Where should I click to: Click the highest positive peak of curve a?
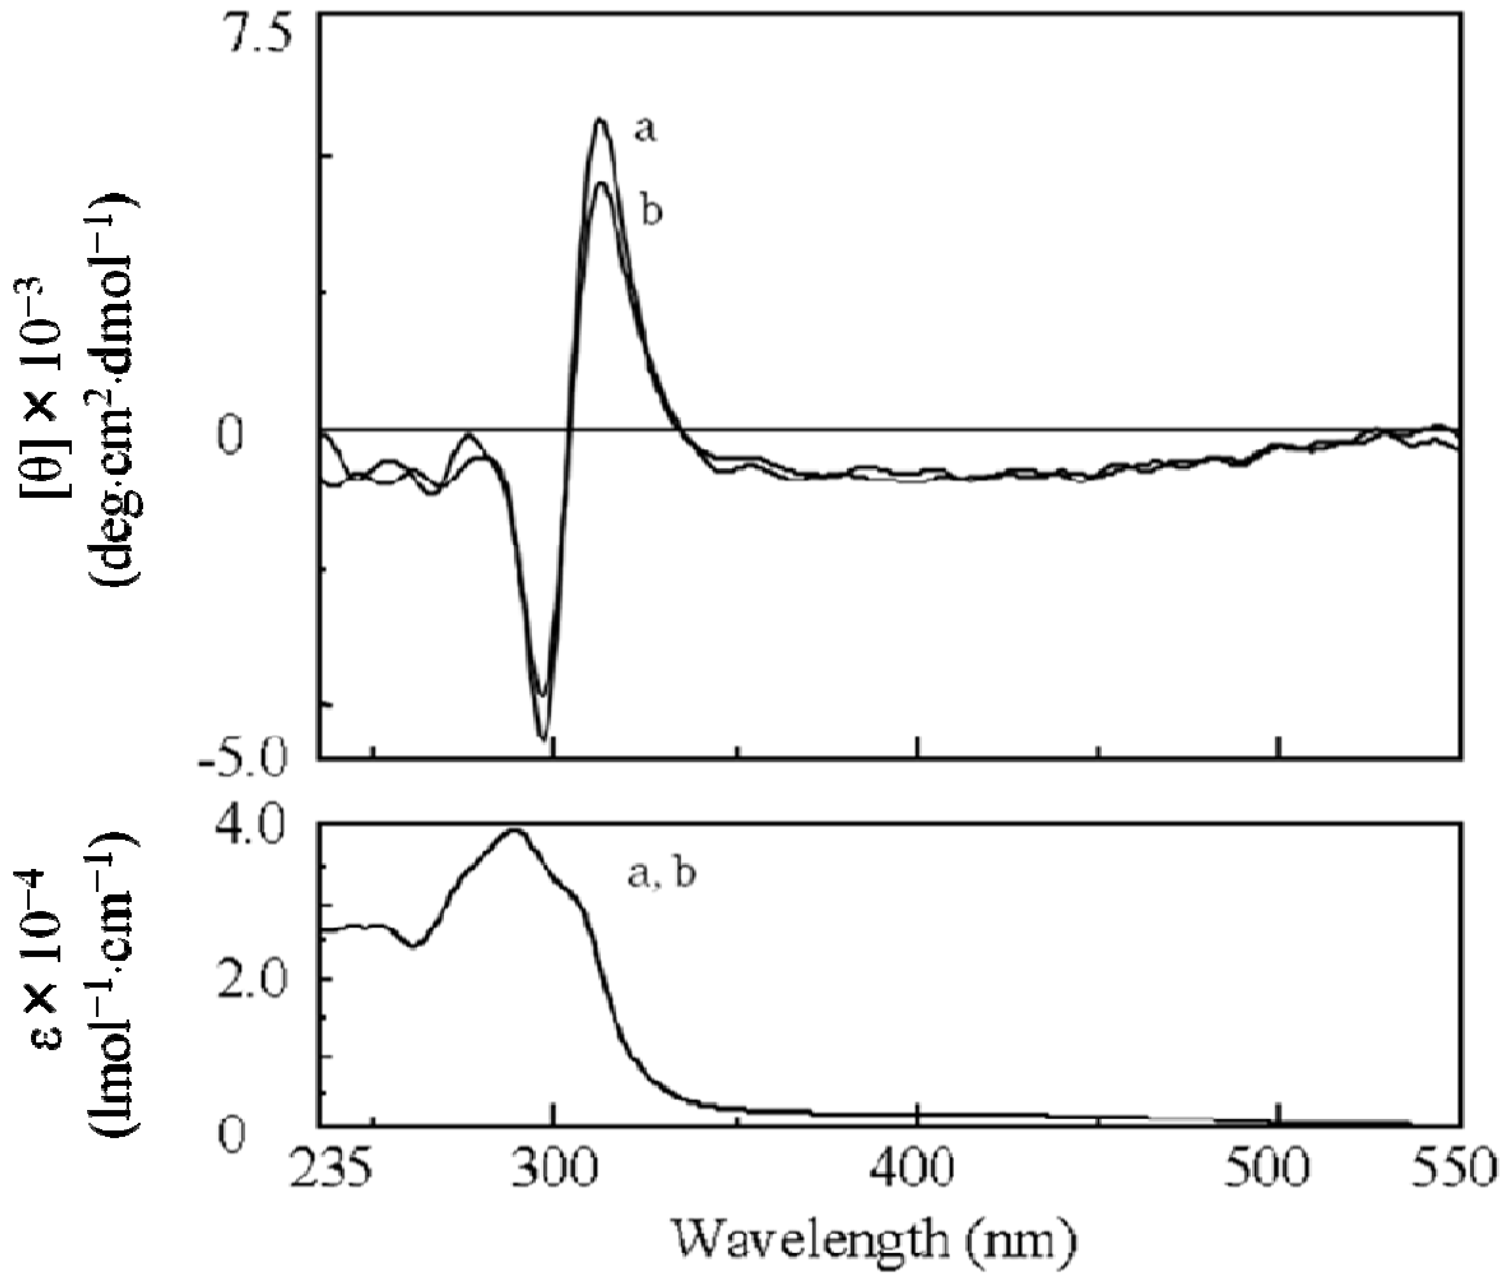(x=599, y=120)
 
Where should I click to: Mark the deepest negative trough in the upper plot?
(x=543, y=738)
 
